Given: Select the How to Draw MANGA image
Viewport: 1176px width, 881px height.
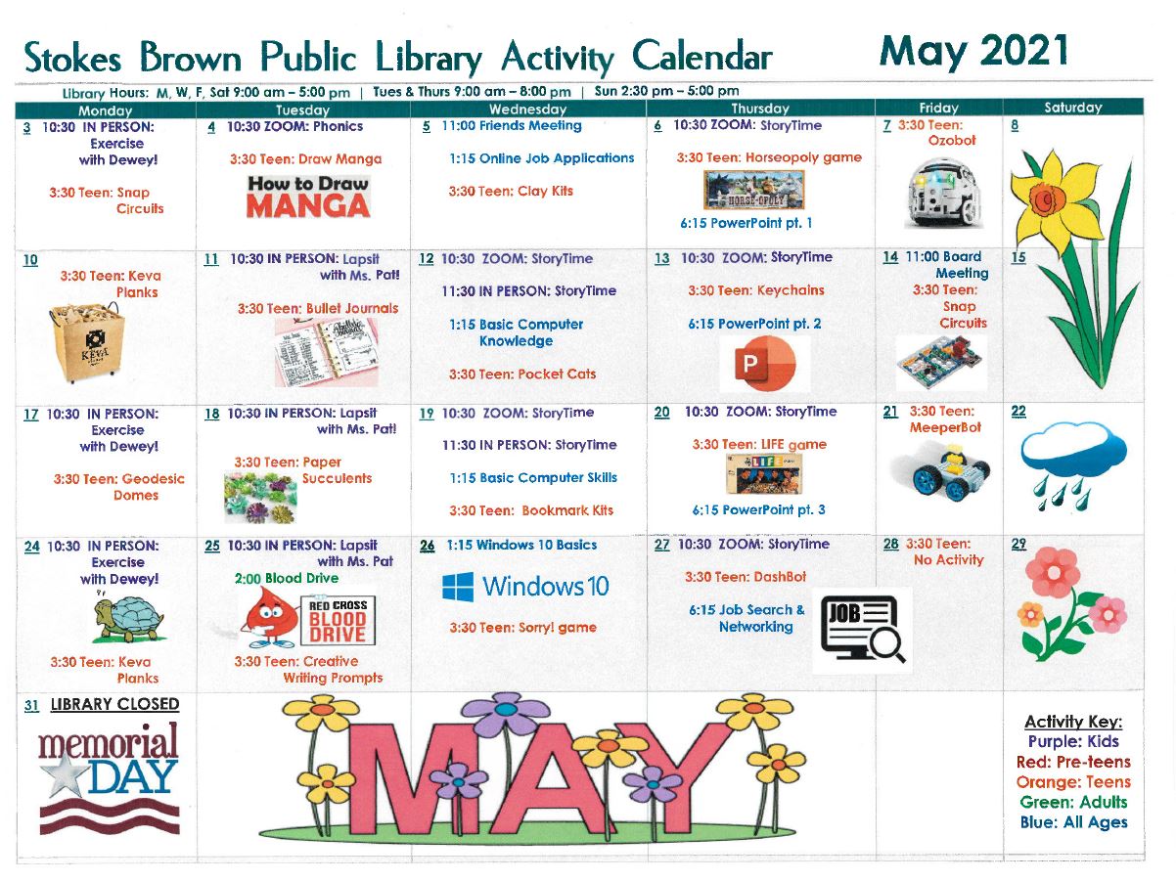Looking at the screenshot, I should (308, 196).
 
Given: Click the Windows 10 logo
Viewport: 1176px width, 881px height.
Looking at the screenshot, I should (524, 587).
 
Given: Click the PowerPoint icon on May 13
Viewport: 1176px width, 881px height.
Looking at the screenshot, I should (764, 365).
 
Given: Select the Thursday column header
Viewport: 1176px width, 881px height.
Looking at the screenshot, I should (760, 109).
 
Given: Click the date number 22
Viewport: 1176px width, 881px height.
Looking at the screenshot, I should (1018, 412).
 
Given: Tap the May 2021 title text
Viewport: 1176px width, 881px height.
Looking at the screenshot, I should (973, 51).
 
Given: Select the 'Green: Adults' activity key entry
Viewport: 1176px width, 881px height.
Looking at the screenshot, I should (1073, 803).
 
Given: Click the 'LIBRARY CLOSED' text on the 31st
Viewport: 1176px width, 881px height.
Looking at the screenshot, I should (114, 704).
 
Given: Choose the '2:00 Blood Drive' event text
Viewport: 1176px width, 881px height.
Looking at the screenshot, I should (287, 578).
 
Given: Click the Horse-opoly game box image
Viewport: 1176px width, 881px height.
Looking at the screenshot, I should (753, 190).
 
